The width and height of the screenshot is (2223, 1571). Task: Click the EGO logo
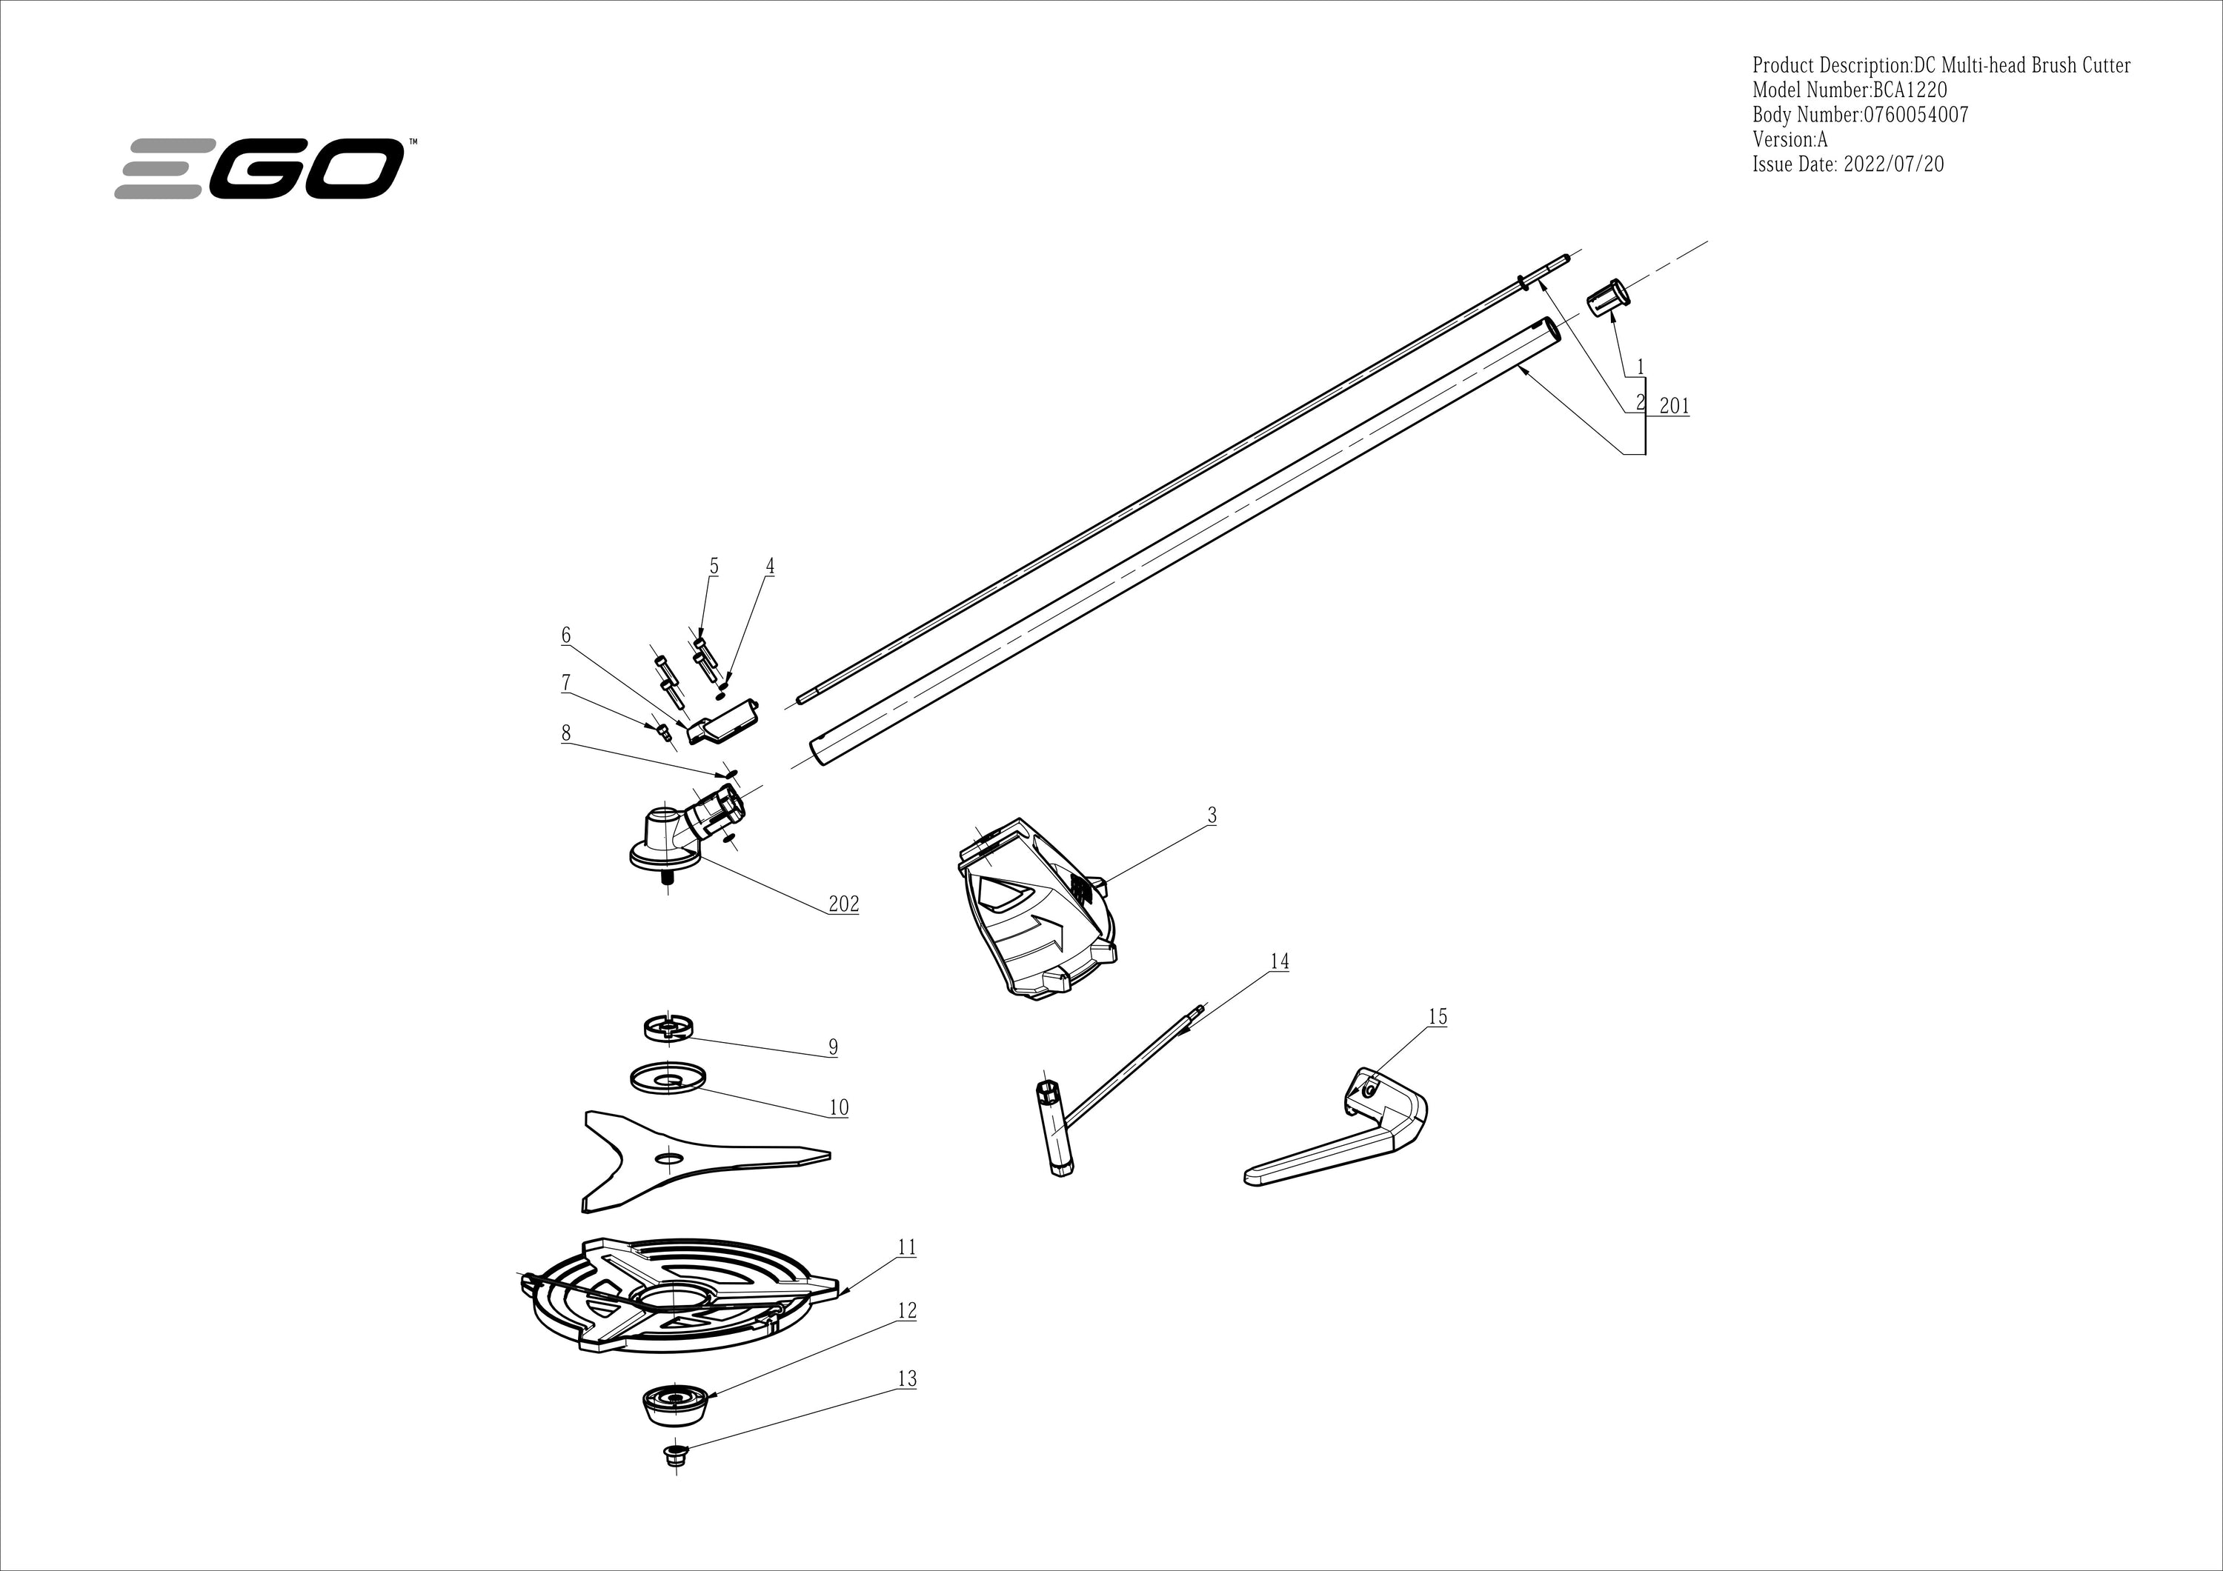click(259, 170)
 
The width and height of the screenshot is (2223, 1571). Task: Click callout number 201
click(1674, 406)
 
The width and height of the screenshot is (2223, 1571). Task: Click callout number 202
click(843, 904)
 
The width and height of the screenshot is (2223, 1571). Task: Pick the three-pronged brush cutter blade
click(678, 1157)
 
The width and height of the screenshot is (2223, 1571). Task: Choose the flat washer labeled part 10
click(666, 1078)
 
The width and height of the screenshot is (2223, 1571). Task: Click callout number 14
click(1279, 961)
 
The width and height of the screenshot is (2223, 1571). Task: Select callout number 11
click(906, 1248)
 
